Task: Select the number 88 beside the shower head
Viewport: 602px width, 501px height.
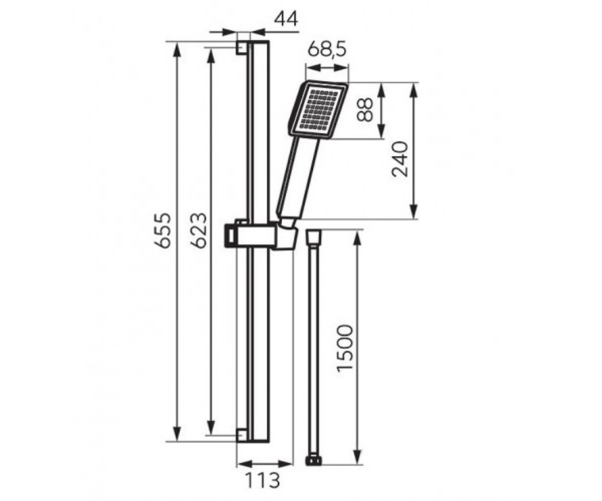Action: click(364, 110)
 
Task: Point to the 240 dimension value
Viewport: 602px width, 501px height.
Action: click(400, 159)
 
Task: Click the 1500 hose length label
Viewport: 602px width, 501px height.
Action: click(345, 351)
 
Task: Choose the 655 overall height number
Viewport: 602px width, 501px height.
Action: click(163, 230)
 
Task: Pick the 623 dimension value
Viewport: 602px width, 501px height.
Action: click(198, 230)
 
